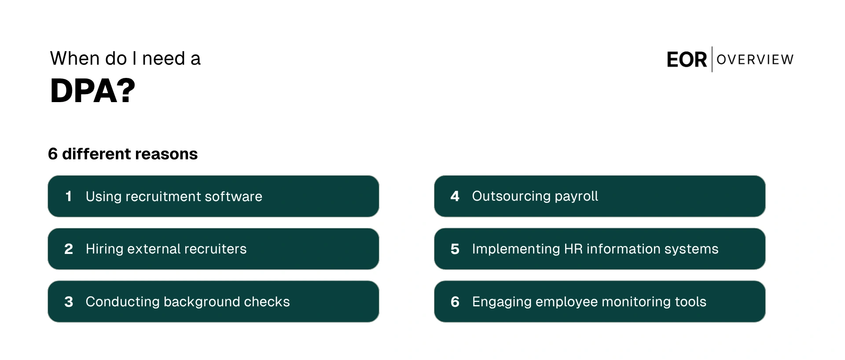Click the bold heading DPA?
pos(93,91)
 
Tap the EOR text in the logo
pos(687,60)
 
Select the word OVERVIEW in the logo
pos(755,59)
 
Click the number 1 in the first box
pos(68,196)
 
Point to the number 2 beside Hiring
pos(69,249)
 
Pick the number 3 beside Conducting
pos(69,302)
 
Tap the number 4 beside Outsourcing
pos(455,196)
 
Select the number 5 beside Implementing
pos(455,249)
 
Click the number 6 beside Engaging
pos(455,302)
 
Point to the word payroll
pos(576,197)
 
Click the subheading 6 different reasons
pos(123,154)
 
